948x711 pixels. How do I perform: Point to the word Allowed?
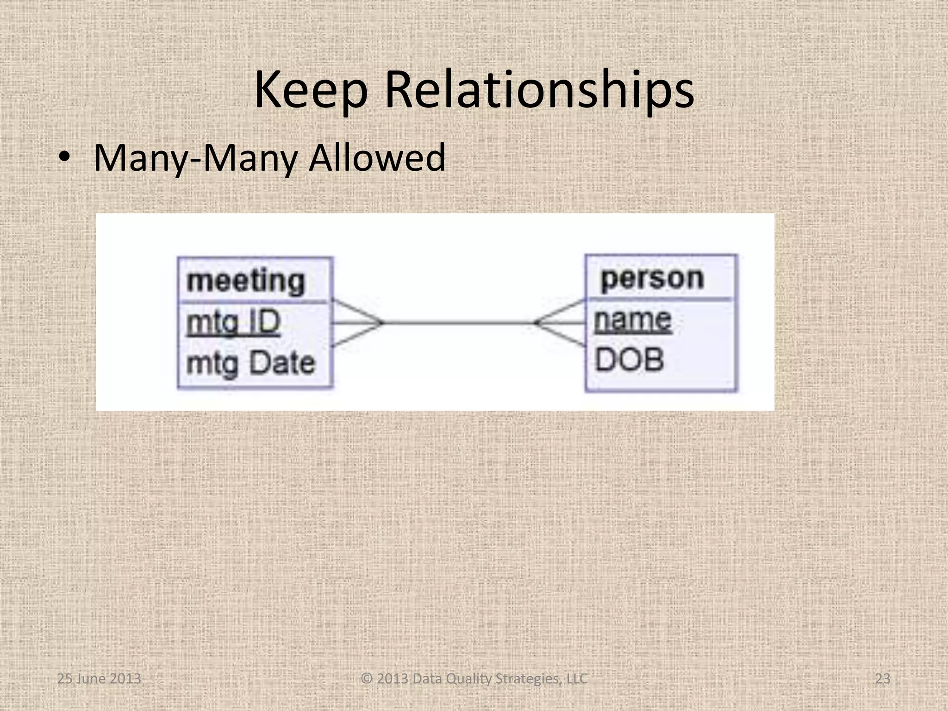(377, 158)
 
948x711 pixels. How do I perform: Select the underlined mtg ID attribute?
(233, 322)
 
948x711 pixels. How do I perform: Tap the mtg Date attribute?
(250, 363)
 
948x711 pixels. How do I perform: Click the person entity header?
(652, 279)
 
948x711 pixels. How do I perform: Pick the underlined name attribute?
(632, 320)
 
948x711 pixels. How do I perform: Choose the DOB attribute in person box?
(629, 360)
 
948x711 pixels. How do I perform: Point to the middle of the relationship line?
(458, 323)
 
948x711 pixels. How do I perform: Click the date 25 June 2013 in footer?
(99, 679)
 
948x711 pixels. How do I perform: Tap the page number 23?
(883, 679)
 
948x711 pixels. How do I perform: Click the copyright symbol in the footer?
(367, 679)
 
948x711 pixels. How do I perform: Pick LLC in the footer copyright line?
(577, 679)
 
